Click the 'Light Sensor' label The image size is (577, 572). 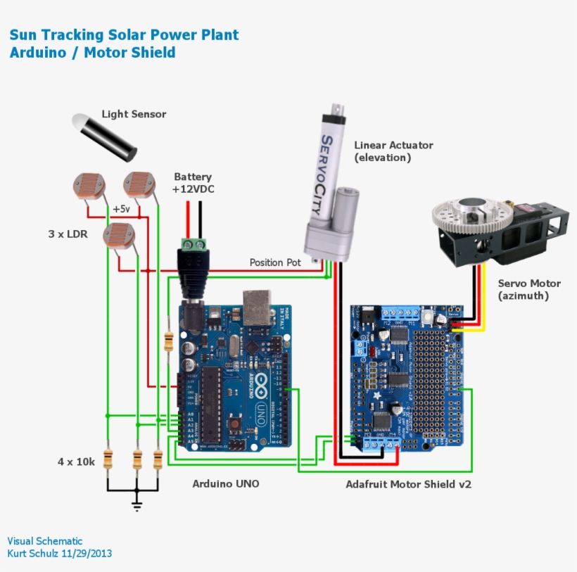coord(134,114)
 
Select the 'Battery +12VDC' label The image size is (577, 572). coord(194,183)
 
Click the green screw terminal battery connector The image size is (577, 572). coord(194,245)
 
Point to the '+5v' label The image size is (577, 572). coord(121,209)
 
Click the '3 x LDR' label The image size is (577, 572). coord(68,234)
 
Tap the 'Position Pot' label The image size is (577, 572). coord(275,262)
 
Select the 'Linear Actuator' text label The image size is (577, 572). coord(393,146)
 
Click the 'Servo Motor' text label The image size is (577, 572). coord(529,284)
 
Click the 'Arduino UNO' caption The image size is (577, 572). coord(225,484)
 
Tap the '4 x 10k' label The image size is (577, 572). coord(76,462)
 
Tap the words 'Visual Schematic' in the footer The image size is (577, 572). coord(45,541)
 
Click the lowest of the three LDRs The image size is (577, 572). coord(116,235)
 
